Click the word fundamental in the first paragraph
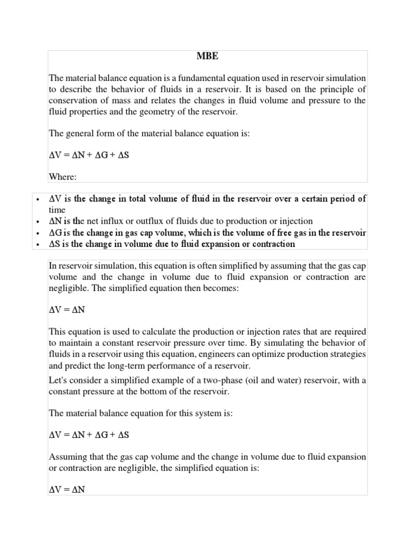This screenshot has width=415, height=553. (207, 79)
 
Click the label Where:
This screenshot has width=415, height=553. (63, 176)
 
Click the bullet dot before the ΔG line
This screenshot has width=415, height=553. (37, 233)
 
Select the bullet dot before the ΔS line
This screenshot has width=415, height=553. (37, 245)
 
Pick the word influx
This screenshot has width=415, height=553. (115, 221)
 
